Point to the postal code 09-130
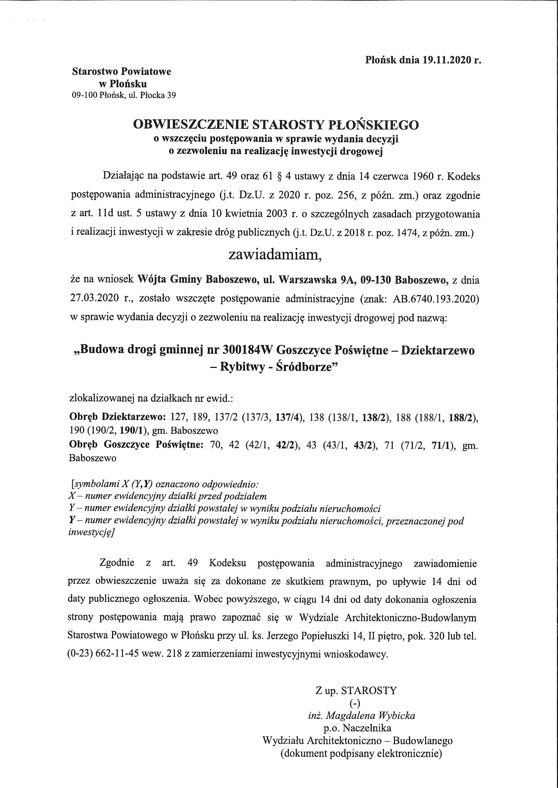tap(372, 280)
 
